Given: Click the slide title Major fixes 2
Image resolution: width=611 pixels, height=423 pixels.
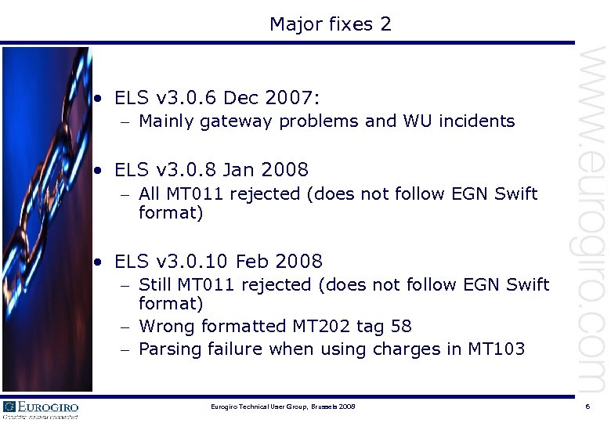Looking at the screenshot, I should point(330,24).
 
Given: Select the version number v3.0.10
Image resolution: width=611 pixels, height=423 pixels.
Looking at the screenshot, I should point(193,261).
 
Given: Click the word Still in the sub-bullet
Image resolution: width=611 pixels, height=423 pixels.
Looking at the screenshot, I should point(157,285).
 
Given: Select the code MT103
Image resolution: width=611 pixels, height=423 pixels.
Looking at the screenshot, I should point(497,349).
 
